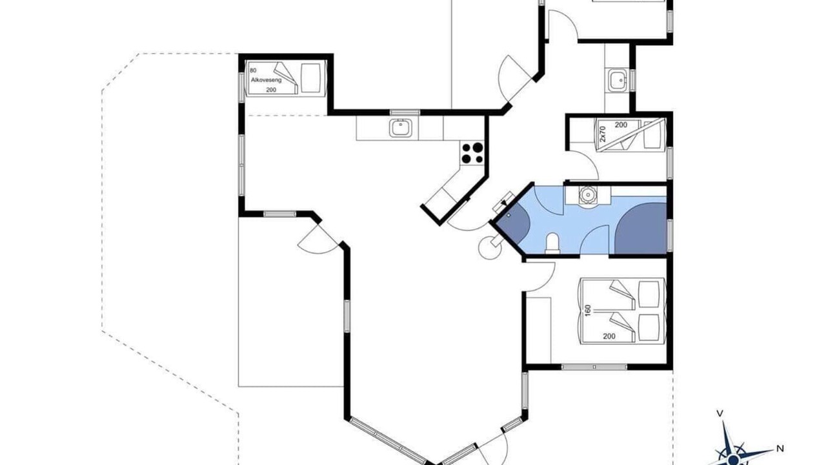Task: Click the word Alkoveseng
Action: pyautogui.click(x=266, y=80)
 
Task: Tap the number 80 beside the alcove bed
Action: pyautogui.click(x=253, y=70)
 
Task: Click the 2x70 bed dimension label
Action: pyautogui.click(x=603, y=134)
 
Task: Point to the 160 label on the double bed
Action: pyautogui.click(x=588, y=310)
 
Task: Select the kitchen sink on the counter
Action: pyautogui.click(x=401, y=128)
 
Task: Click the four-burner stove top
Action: pyautogui.click(x=472, y=153)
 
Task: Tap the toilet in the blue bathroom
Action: pyautogui.click(x=552, y=243)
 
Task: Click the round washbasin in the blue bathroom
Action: pyautogui.click(x=587, y=194)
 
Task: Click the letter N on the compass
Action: pyautogui.click(x=780, y=449)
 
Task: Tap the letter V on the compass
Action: pyautogui.click(x=719, y=413)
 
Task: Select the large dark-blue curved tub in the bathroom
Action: pyautogui.click(x=641, y=228)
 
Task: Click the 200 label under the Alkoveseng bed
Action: pyautogui.click(x=271, y=90)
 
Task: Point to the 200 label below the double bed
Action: pyautogui.click(x=609, y=336)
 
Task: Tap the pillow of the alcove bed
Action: pyautogui.click(x=311, y=78)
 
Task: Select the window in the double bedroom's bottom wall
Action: pyautogui.click(x=594, y=367)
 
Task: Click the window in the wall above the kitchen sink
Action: pyautogui.click(x=405, y=112)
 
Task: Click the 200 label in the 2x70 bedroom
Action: pyautogui.click(x=621, y=125)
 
